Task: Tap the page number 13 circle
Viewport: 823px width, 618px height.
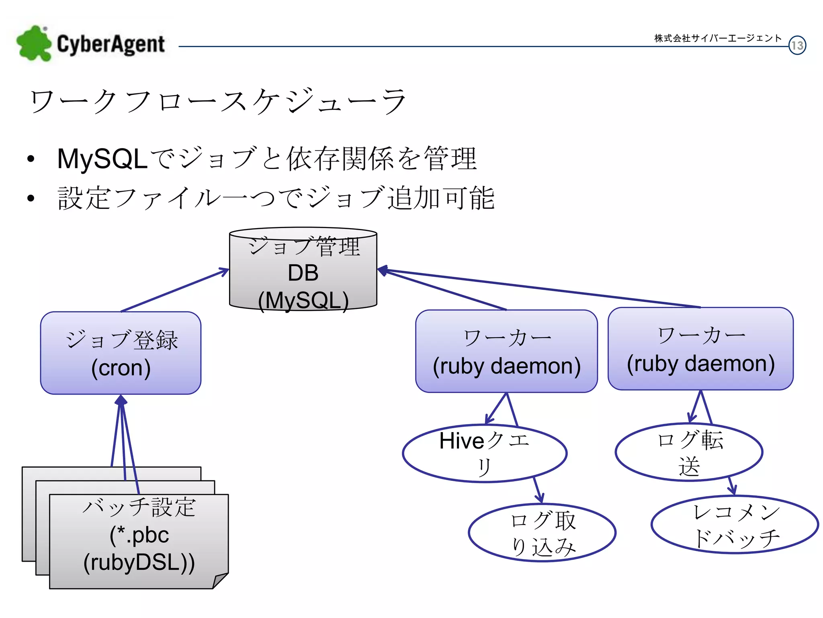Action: coord(797,45)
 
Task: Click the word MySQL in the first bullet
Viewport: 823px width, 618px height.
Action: coord(102,159)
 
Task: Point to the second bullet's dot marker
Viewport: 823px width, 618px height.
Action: coord(31,198)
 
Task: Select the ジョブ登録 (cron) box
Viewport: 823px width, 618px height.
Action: coord(121,353)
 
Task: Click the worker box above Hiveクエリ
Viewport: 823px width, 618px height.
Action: coord(506,351)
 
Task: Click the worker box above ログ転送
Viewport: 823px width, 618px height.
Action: coord(700,349)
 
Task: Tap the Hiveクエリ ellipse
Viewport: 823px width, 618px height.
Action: coord(484,453)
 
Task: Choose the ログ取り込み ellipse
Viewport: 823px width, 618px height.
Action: coord(542,533)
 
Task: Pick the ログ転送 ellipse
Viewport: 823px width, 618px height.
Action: coord(689,452)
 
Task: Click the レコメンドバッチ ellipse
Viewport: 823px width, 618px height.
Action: coord(735,525)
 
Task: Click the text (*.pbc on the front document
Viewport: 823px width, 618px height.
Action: coord(139,535)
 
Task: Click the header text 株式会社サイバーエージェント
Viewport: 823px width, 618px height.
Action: coord(718,38)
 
